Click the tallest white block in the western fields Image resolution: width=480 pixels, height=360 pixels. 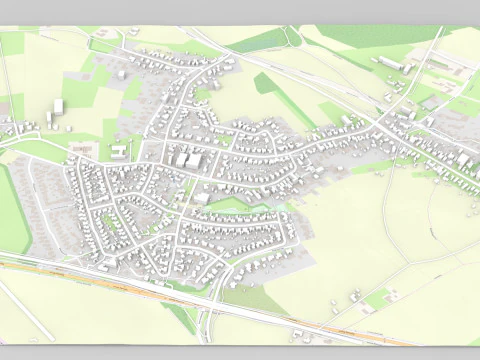coord(58,106)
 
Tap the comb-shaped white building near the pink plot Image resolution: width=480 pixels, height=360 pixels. coord(118,151)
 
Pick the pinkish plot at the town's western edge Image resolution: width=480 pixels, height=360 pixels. coord(79,148)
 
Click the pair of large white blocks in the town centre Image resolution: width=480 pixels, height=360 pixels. coord(186,158)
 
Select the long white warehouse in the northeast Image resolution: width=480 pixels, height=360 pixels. coord(389,63)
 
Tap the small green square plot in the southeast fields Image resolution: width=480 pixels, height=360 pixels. coord(378,297)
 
